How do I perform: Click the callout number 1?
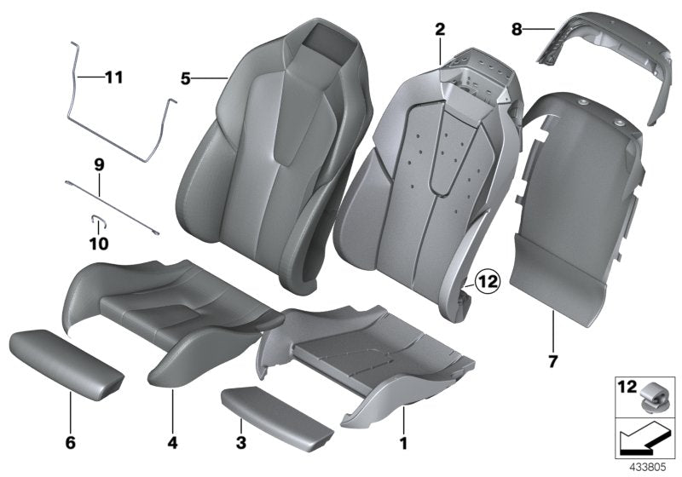pyautogui.click(x=404, y=444)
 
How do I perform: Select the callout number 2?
pyautogui.click(x=440, y=30)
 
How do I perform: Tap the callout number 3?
pyautogui.click(x=241, y=444)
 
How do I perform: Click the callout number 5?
pyautogui.click(x=186, y=79)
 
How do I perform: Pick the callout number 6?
pyautogui.click(x=71, y=443)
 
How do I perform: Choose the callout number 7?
pyautogui.click(x=552, y=361)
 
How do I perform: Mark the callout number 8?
pyautogui.click(x=516, y=30)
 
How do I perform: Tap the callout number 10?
pyautogui.click(x=98, y=244)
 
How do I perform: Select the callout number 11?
pyautogui.click(x=113, y=78)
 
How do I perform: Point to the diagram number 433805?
pyautogui.click(x=653, y=468)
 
